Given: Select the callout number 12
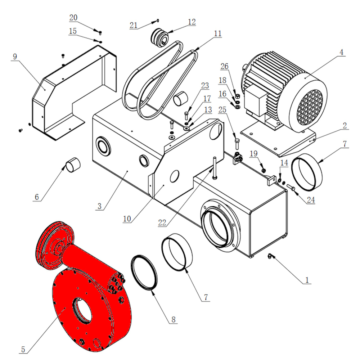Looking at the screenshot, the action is pos(192,22).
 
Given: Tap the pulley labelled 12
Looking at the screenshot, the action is pos(159,37).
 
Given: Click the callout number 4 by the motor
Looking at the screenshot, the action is pos(341,52).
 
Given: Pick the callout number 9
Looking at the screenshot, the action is pos(15,57).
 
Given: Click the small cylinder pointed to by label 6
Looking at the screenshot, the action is pos(73,165).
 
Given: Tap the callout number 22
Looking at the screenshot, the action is pos(162,222).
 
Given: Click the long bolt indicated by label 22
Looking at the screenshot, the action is pos(215,168).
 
